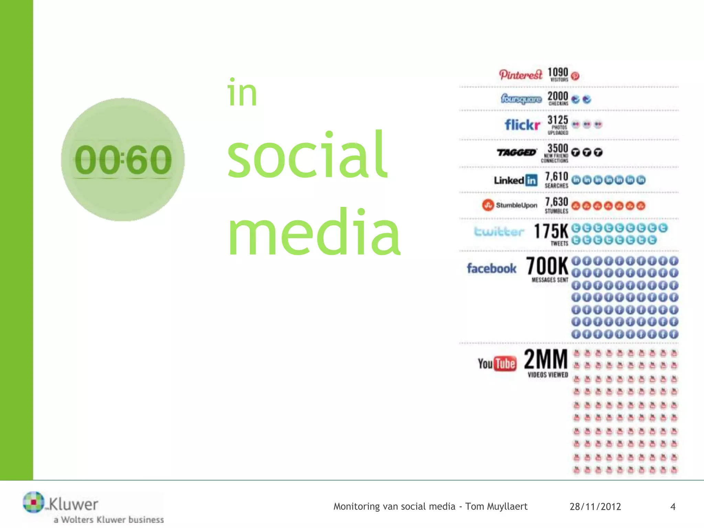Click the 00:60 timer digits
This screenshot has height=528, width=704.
123,160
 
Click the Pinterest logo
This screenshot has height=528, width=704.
520,75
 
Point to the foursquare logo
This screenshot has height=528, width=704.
521,99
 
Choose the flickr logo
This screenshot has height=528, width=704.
522,124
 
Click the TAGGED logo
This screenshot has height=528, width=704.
517,152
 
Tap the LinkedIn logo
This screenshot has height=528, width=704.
516,180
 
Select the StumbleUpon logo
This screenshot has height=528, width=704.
509,205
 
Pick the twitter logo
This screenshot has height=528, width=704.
499,231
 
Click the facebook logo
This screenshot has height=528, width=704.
492,268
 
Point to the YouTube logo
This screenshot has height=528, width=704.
497,364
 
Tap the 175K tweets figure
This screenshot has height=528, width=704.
551,231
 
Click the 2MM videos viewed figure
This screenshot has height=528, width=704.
546,359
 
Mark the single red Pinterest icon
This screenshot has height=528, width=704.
575,76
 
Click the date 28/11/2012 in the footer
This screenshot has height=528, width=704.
595,507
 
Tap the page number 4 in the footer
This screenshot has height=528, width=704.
673,507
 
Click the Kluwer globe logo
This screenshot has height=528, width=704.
33,502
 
